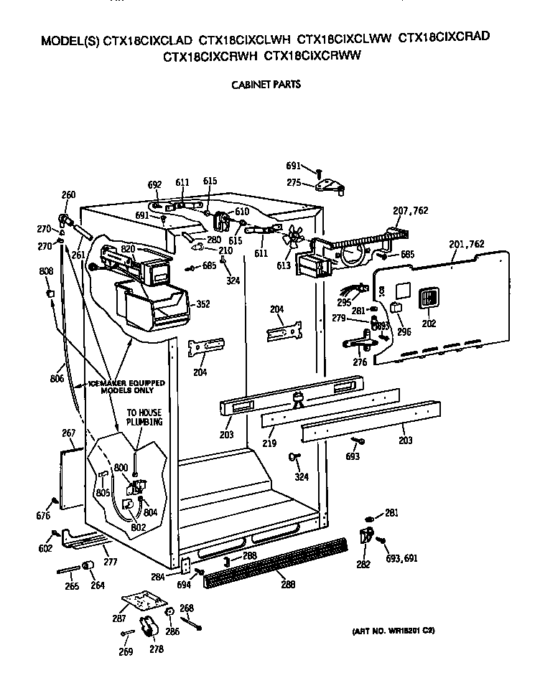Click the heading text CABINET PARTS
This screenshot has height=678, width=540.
pos(265,84)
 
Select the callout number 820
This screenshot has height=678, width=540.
pos(129,248)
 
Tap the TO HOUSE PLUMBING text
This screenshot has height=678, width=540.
pos(144,418)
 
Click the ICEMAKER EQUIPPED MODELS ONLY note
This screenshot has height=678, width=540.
pos(126,387)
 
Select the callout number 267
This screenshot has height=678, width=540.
pos(69,433)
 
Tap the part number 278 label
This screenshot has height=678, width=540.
pos(156,649)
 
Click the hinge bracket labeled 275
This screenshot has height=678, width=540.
pos(331,184)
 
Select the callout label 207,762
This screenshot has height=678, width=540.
pos(410,210)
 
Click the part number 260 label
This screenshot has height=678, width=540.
pos(68,194)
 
